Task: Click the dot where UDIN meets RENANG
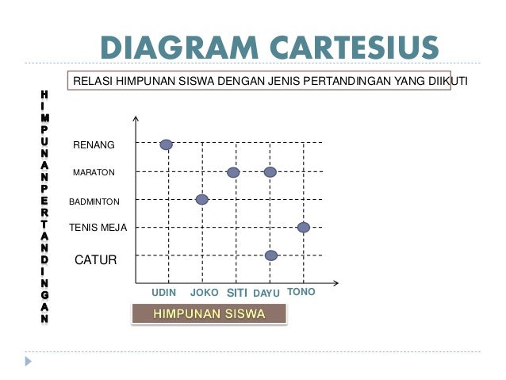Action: (166, 144)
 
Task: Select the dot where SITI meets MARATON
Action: (233, 172)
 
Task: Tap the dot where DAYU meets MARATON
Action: (270, 172)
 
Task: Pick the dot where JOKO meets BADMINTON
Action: (202, 200)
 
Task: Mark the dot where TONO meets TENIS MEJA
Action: (303, 227)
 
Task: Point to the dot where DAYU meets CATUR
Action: (271, 255)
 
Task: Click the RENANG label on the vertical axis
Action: (94, 145)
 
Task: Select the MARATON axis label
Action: (94, 172)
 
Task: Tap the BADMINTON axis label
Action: (94, 202)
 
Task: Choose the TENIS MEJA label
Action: (98, 228)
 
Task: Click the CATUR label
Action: (95, 259)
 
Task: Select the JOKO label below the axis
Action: (205, 293)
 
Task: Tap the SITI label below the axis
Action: (238, 293)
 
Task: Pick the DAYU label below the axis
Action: (266, 294)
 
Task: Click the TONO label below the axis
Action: (301, 292)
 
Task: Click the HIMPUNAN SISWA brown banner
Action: (209, 313)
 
